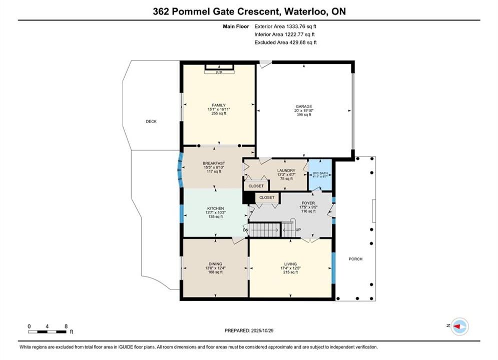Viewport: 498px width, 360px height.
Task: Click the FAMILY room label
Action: [x=219, y=105]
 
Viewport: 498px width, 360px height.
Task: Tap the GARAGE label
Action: [x=304, y=106]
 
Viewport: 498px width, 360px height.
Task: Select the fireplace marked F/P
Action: [x=219, y=69]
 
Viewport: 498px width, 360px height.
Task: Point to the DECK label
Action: [x=151, y=121]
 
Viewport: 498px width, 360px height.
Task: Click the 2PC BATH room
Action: [x=320, y=175]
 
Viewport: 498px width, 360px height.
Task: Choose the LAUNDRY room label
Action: [x=286, y=170]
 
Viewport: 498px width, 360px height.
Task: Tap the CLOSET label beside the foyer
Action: [x=267, y=197]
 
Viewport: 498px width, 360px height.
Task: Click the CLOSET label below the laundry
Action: [x=256, y=186]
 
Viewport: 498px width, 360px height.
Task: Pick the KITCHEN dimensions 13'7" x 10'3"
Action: [x=216, y=212]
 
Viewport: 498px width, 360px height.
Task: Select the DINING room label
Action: [x=215, y=264]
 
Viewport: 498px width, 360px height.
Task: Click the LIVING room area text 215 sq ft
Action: [x=291, y=272]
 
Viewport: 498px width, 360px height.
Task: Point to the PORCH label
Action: [x=355, y=259]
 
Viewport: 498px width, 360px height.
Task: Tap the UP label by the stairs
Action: [x=298, y=230]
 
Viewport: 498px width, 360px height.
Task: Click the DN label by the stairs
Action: [x=246, y=230]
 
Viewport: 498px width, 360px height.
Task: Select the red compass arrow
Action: [x=457, y=326]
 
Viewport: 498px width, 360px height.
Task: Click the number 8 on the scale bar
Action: [x=66, y=326]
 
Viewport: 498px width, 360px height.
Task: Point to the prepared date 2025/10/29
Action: [x=262, y=330]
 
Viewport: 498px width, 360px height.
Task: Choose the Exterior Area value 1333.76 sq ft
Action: [x=301, y=26]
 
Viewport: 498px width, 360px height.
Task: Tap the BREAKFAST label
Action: [x=214, y=163]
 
